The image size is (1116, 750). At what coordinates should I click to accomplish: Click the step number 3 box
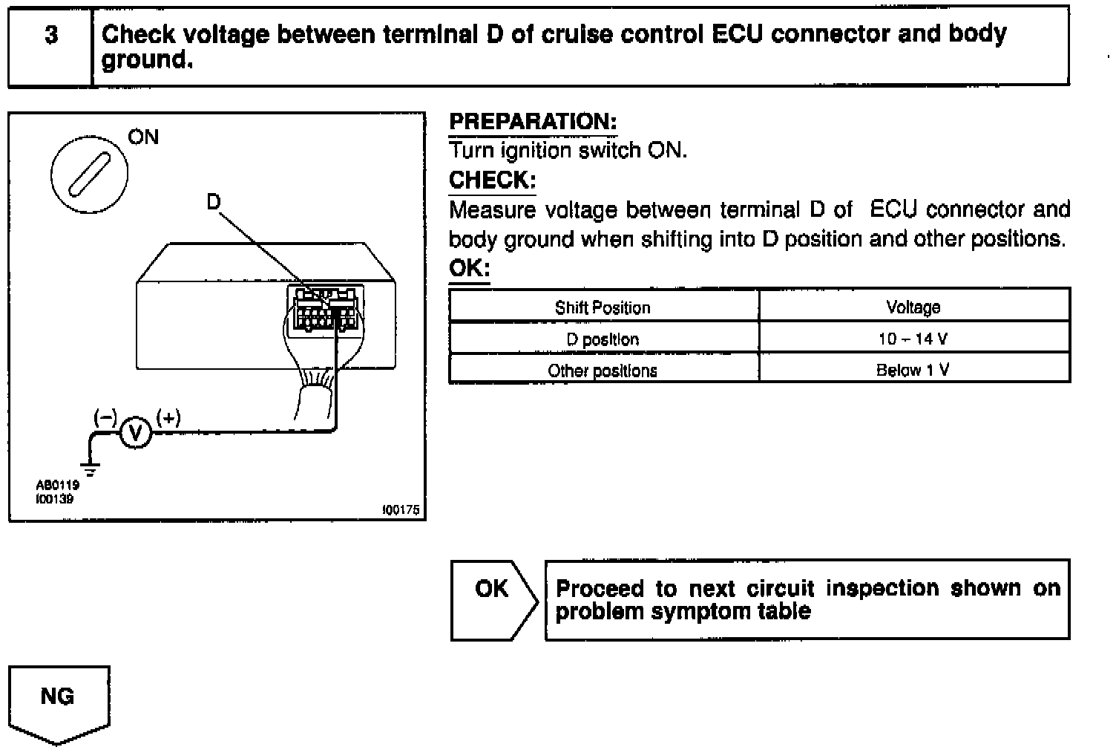tap(50, 46)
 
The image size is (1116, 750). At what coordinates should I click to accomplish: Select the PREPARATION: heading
tap(533, 122)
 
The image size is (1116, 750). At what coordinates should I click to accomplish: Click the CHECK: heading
tap(492, 180)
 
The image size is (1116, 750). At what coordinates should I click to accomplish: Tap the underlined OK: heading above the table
tap(469, 268)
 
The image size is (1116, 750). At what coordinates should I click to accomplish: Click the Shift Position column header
tap(603, 307)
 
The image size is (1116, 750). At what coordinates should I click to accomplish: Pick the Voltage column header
tap(913, 307)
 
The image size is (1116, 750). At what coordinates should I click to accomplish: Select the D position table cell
tap(603, 339)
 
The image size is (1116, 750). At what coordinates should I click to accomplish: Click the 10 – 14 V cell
tap(913, 339)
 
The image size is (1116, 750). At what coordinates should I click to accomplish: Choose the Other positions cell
tap(603, 370)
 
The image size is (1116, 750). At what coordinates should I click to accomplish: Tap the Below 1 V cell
tap(913, 370)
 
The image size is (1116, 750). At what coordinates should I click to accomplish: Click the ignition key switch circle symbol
tap(89, 174)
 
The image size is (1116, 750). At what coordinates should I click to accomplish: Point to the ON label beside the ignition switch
tap(143, 137)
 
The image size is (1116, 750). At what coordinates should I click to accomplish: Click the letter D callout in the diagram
tap(214, 201)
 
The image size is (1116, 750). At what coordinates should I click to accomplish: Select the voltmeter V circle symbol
tap(135, 433)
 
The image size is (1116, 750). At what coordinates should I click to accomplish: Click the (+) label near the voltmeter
tap(168, 418)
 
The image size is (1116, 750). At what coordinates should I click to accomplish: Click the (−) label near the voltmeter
tap(105, 418)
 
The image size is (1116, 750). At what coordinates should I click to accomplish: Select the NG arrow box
tap(58, 702)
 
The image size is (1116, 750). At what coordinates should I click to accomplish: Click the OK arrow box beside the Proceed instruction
tap(493, 599)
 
